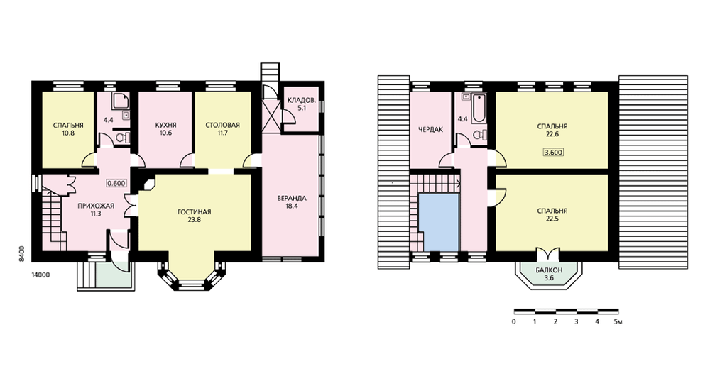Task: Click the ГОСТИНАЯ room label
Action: [x=195, y=211]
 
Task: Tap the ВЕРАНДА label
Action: [x=292, y=198]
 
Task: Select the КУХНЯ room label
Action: [x=165, y=126]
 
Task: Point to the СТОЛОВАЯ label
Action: [x=222, y=126]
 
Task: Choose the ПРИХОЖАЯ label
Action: [x=96, y=206]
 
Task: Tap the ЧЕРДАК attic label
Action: [x=431, y=129]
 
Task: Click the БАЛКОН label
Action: [x=549, y=270]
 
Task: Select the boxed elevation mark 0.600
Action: [x=116, y=183]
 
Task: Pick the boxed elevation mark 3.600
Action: [x=553, y=152]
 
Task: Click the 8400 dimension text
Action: [x=21, y=253]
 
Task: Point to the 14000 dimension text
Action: [x=40, y=275]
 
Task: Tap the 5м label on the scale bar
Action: [x=618, y=321]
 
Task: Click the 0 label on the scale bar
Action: [x=514, y=321]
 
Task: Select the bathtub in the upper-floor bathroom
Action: [x=478, y=109]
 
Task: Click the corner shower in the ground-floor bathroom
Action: [x=121, y=103]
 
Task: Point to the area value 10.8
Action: [x=68, y=133]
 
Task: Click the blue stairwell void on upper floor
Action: [x=438, y=222]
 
